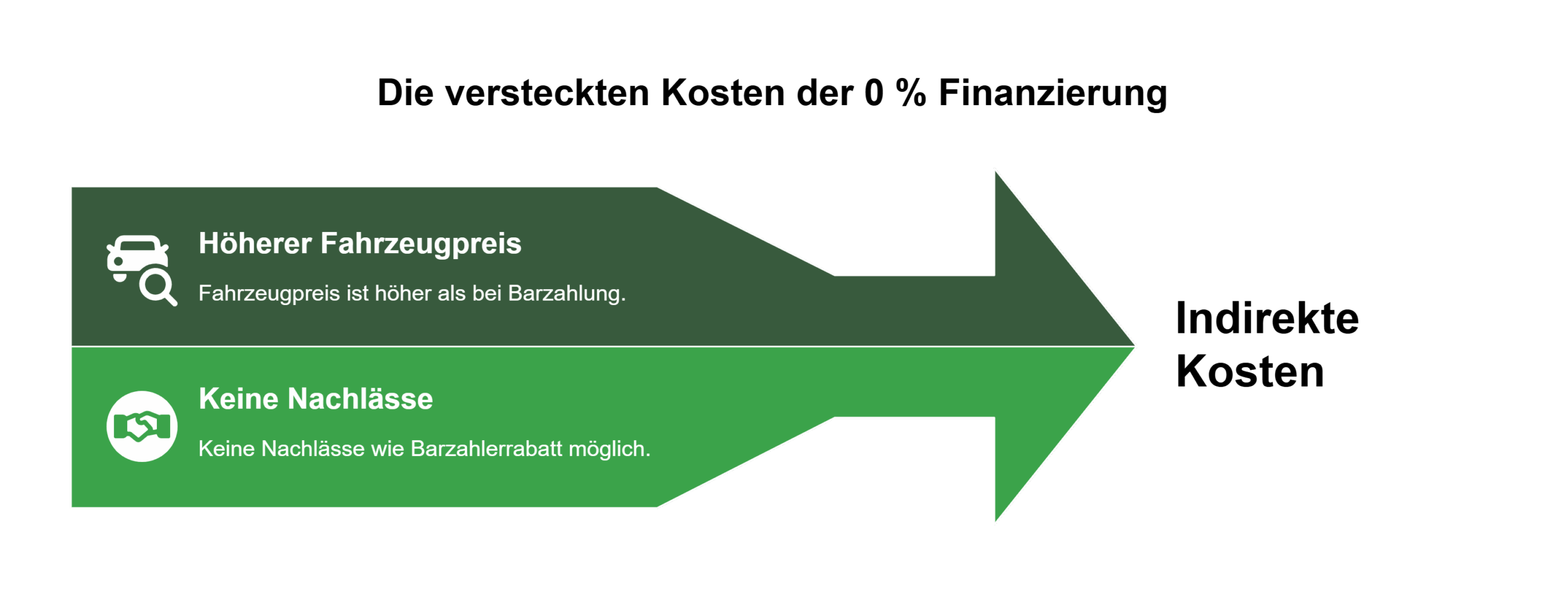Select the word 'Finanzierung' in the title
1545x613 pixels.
(1053, 94)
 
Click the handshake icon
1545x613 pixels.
(142, 426)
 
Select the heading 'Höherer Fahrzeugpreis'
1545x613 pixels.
(360, 244)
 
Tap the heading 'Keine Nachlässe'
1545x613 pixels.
(316, 399)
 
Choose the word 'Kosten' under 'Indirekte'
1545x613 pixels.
(1250, 371)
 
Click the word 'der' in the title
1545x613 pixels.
(823, 94)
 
